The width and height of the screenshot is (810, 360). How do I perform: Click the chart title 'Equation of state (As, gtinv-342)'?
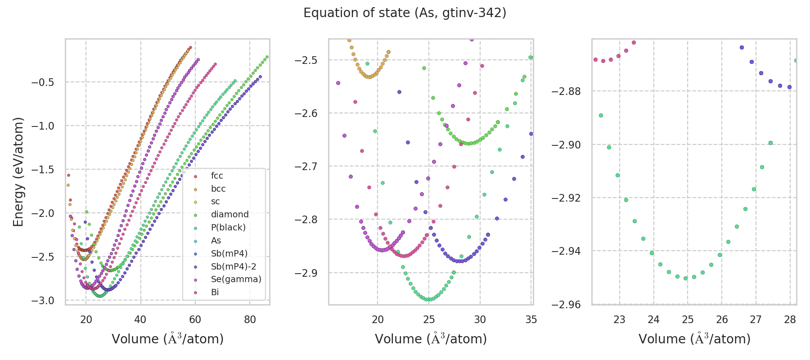tap(405, 13)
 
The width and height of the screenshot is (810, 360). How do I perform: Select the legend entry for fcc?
tap(217, 176)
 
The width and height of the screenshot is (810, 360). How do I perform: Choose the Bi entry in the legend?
tap(215, 292)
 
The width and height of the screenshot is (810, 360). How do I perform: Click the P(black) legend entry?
tap(228, 228)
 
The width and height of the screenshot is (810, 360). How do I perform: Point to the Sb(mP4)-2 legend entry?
tap(234, 266)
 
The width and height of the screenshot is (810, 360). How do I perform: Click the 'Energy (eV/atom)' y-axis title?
tap(18, 172)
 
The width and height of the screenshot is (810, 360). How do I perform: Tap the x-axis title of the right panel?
tap(694, 339)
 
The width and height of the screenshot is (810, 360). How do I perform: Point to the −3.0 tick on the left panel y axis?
tap(42, 301)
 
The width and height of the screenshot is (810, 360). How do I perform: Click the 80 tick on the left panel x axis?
tap(250, 319)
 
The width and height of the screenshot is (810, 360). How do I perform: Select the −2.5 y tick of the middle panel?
tap(306, 60)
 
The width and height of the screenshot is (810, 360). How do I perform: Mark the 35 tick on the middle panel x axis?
tap(531, 319)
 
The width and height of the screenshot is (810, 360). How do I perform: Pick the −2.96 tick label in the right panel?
tap(566, 305)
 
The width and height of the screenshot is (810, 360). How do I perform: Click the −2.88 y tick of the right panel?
tap(566, 91)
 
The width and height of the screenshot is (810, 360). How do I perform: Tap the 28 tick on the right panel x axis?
tap(790, 319)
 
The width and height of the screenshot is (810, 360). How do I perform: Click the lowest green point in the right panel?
tap(685, 278)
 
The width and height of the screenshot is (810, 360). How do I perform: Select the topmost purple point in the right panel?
tap(742, 48)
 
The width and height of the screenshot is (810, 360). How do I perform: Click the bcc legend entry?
tap(218, 189)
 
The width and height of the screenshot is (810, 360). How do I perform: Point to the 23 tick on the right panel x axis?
tap(620, 319)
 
